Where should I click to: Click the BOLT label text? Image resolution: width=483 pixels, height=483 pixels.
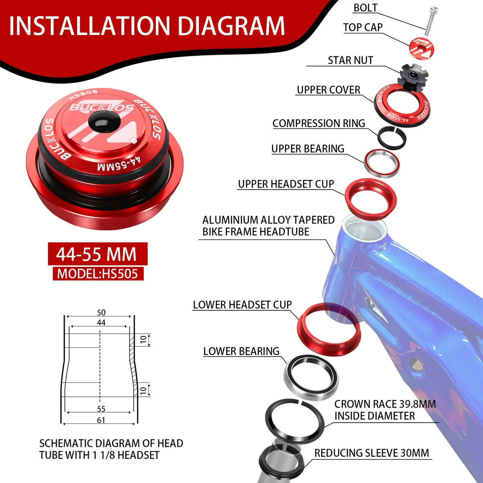point(365,8)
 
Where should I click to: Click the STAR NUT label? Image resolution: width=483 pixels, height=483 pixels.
point(351,60)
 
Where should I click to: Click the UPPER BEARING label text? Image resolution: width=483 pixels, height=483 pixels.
point(308,149)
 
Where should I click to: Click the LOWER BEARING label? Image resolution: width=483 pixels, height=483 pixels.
point(241,351)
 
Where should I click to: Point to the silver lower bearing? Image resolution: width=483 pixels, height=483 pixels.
point(311,377)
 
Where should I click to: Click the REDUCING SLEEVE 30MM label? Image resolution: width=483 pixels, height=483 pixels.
point(372,453)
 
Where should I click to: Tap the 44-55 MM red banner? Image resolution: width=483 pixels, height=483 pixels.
point(98,254)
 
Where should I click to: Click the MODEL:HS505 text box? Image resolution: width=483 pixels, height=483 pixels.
point(98,273)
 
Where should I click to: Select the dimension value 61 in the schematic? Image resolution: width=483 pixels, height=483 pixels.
point(101,420)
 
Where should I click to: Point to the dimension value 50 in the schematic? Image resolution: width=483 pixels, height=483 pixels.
point(101,313)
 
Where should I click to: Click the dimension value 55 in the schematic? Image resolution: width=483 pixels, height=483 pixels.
point(101,409)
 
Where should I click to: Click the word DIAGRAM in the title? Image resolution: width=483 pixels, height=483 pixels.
point(231,26)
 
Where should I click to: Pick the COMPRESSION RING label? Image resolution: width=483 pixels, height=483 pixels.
point(318,123)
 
